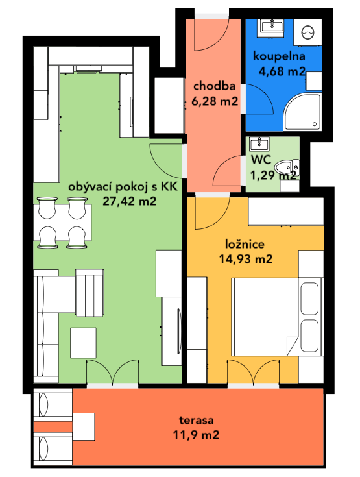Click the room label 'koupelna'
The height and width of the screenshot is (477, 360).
279,56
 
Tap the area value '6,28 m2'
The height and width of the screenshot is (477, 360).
215,101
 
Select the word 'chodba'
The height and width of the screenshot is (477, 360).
214,86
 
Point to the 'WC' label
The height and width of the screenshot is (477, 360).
261,160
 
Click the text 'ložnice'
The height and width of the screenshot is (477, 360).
245,244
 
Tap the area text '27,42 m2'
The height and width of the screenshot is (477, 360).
130,201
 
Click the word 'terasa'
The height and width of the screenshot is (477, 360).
197,420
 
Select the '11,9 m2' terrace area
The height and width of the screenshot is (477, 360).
196,435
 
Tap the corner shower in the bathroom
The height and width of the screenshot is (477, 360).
302,112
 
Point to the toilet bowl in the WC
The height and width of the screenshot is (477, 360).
287,167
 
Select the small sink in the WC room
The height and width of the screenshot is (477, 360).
259,143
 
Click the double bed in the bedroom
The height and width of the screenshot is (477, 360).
277,317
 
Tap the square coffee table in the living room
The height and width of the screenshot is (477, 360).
83,343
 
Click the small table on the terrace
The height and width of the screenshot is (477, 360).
84,426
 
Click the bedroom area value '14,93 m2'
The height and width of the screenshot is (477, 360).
246,259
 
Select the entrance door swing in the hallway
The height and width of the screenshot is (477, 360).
211,34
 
